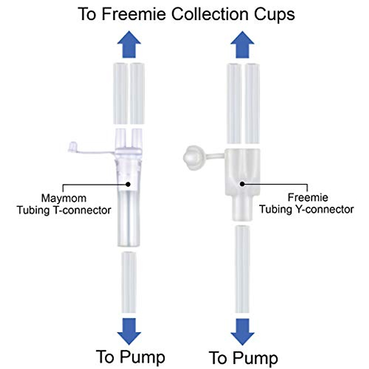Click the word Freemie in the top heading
(x=134, y=14)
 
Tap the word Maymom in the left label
(x=64, y=198)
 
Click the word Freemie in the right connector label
(x=308, y=197)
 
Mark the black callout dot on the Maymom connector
(x=128, y=184)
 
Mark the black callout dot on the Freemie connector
(x=242, y=184)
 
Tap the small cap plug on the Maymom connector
(x=73, y=147)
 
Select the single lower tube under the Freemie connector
(x=242, y=269)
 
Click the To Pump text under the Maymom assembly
(x=131, y=357)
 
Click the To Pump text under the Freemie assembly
(x=243, y=358)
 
